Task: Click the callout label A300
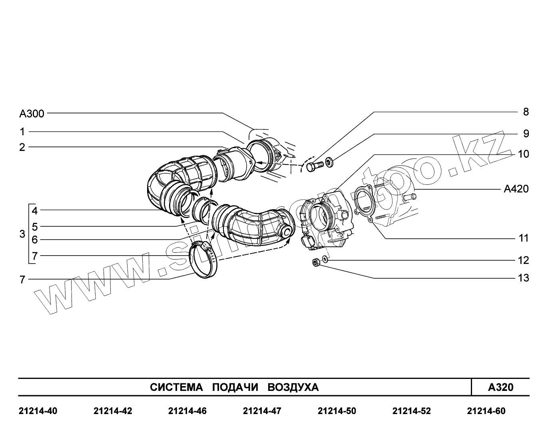tap(32, 114)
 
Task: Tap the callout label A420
tap(516, 189)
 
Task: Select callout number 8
tap(526, 112)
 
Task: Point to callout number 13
tap(523, 278)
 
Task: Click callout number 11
tap(523, 238)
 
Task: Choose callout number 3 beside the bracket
tap(22, 234)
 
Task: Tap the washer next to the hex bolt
tap(330, 163)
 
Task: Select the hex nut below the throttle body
tap(315, 263)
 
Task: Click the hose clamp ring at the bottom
tap(205, 260)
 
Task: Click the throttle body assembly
tap(328, 220)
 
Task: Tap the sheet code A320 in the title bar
tap(500, 387)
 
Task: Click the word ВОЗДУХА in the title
tap(293, 387)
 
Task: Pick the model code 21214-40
tap(38, 411)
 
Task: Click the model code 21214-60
tap(486, 411)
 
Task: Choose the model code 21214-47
tap(262, 411)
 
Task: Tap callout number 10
tap(523, 154)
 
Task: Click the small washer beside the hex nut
tap(325, 260)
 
